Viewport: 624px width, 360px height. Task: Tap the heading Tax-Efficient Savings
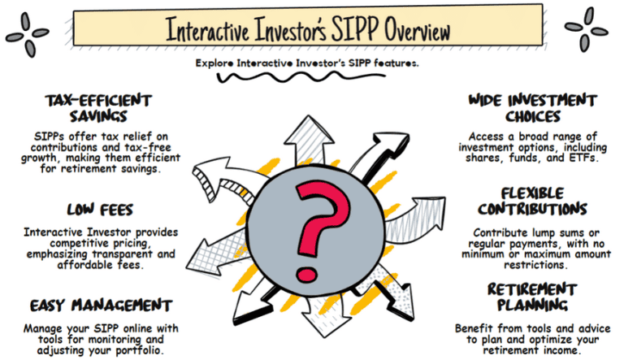coord(98,108)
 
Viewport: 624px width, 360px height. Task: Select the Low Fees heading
coord(100,210)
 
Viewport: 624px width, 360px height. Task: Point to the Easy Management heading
coord(101,306)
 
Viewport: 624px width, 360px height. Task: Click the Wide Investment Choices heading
coord(533,108)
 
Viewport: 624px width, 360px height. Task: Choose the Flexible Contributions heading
coord(532,201)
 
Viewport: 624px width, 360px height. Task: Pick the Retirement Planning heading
coord(532,297)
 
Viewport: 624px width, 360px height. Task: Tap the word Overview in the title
coord(418,30)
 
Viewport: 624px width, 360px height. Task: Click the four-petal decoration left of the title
coord(27,35)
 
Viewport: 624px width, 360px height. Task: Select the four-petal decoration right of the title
coord(586,29)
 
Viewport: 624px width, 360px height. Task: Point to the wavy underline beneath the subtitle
coord(301,77)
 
